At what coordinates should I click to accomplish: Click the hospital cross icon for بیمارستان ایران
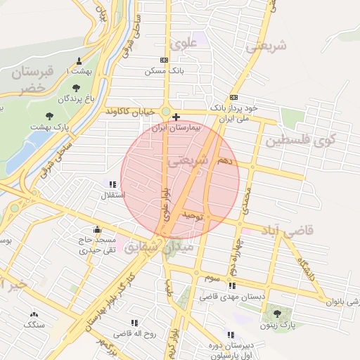pos(176,117)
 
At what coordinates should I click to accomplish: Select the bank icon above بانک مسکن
pos(164,60)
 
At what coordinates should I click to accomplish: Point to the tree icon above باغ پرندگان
pos(75,87)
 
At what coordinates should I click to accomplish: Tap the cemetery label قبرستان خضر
pos(37,78)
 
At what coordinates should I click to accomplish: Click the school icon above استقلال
pos(112,184)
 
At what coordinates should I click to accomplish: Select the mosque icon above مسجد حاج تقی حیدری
pos(97,229)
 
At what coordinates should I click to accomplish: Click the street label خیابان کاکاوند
pos(131,111)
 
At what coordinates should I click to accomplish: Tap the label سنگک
pos(33,325)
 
